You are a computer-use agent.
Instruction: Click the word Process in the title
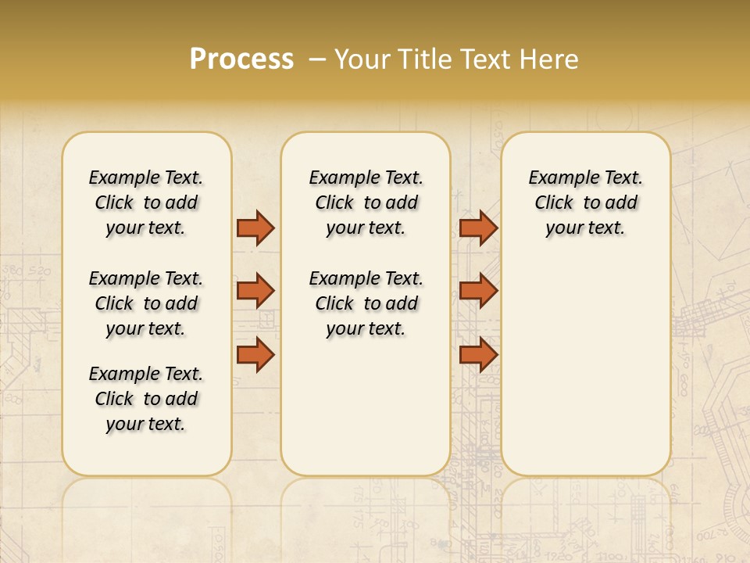[x=241, y=59]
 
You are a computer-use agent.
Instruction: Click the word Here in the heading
[x=551, y=59]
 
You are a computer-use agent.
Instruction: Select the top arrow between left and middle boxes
[x=255, y=228]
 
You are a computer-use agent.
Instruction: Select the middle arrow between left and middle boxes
[x=255, y=291]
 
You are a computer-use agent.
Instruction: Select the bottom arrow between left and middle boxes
[x=255, y=355]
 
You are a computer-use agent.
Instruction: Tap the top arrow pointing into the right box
[x=478, y=228]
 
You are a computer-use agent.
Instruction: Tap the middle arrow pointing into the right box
[x=478, y=291]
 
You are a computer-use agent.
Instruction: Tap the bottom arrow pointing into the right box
[x=478, y=355]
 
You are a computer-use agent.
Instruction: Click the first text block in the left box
[x=146, y=203]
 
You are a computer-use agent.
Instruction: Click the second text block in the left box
[x=146, y=303]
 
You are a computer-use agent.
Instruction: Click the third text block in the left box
[x=146, y=399]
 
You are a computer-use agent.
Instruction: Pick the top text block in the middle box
[x=366, y=203]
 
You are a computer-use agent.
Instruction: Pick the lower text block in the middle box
[x=366, y=303]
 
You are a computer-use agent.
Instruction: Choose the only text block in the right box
[x=586, y=203]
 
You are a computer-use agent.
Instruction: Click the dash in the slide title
[x=317, y=59]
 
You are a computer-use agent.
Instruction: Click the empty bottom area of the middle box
[x=366, y=414]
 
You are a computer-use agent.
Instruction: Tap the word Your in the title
[x=362, y=59]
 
